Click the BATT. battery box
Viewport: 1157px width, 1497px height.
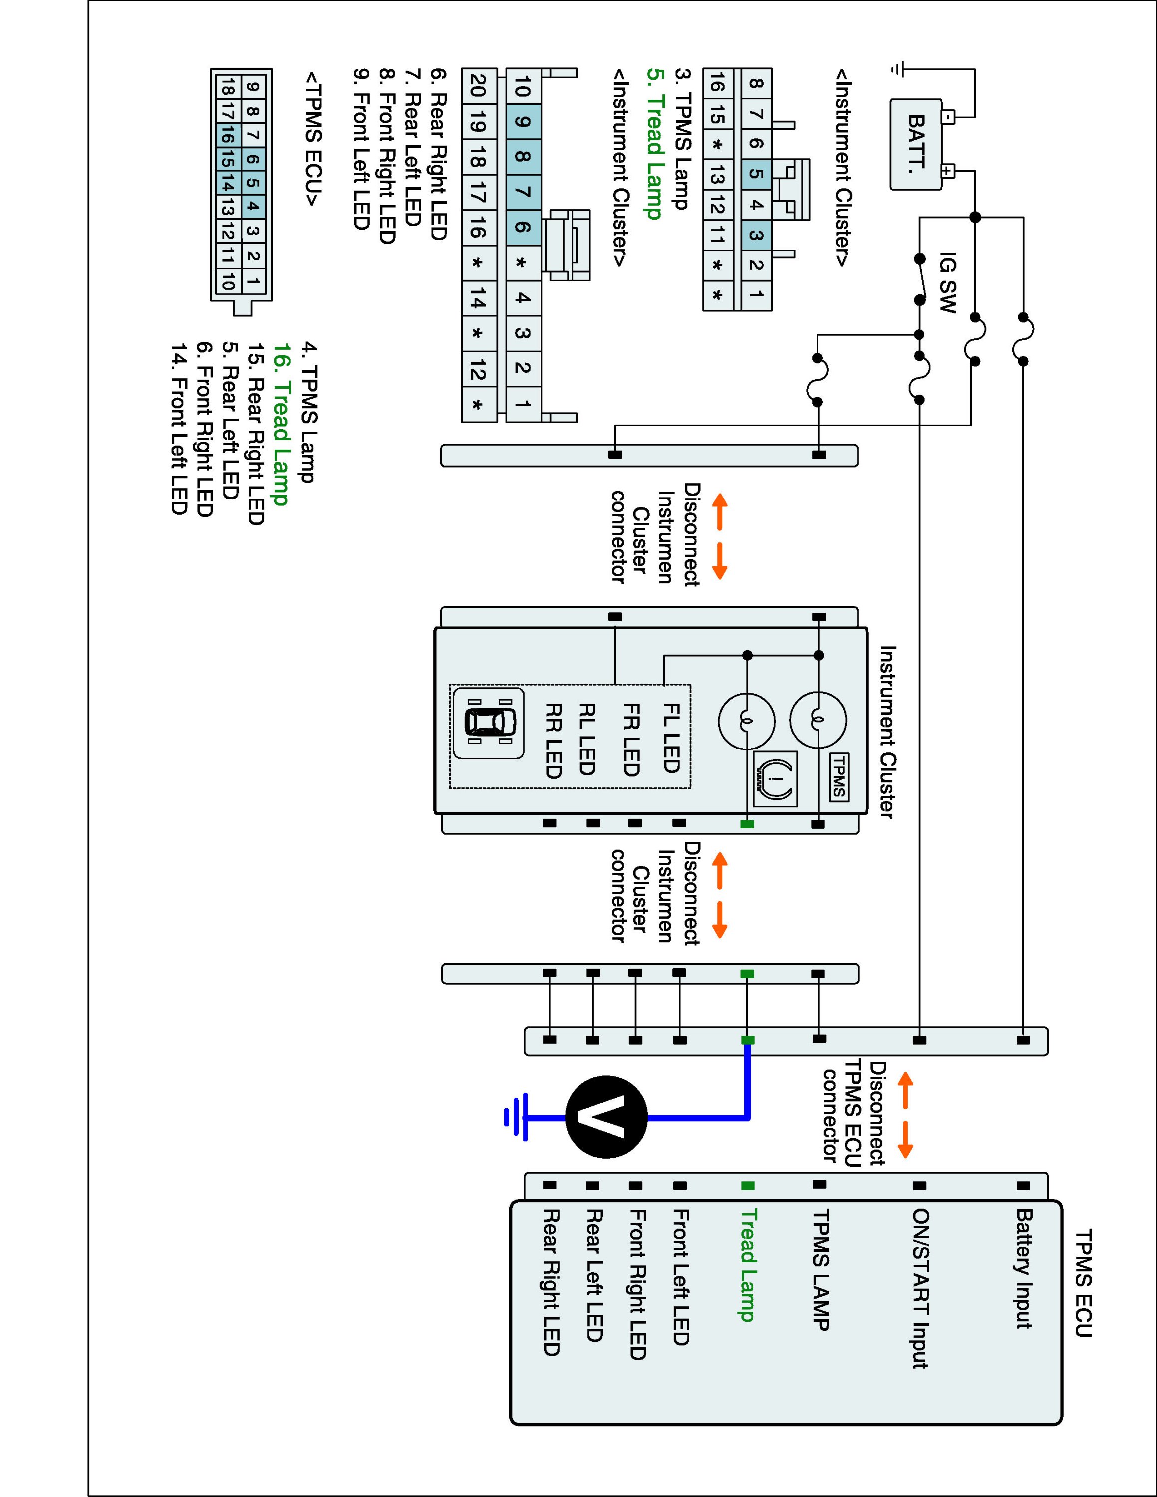click(x=916, y=144)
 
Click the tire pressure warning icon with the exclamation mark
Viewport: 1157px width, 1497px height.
click(x=775, y=779)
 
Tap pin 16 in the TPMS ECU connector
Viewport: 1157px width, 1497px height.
click(x=228, y=137)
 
